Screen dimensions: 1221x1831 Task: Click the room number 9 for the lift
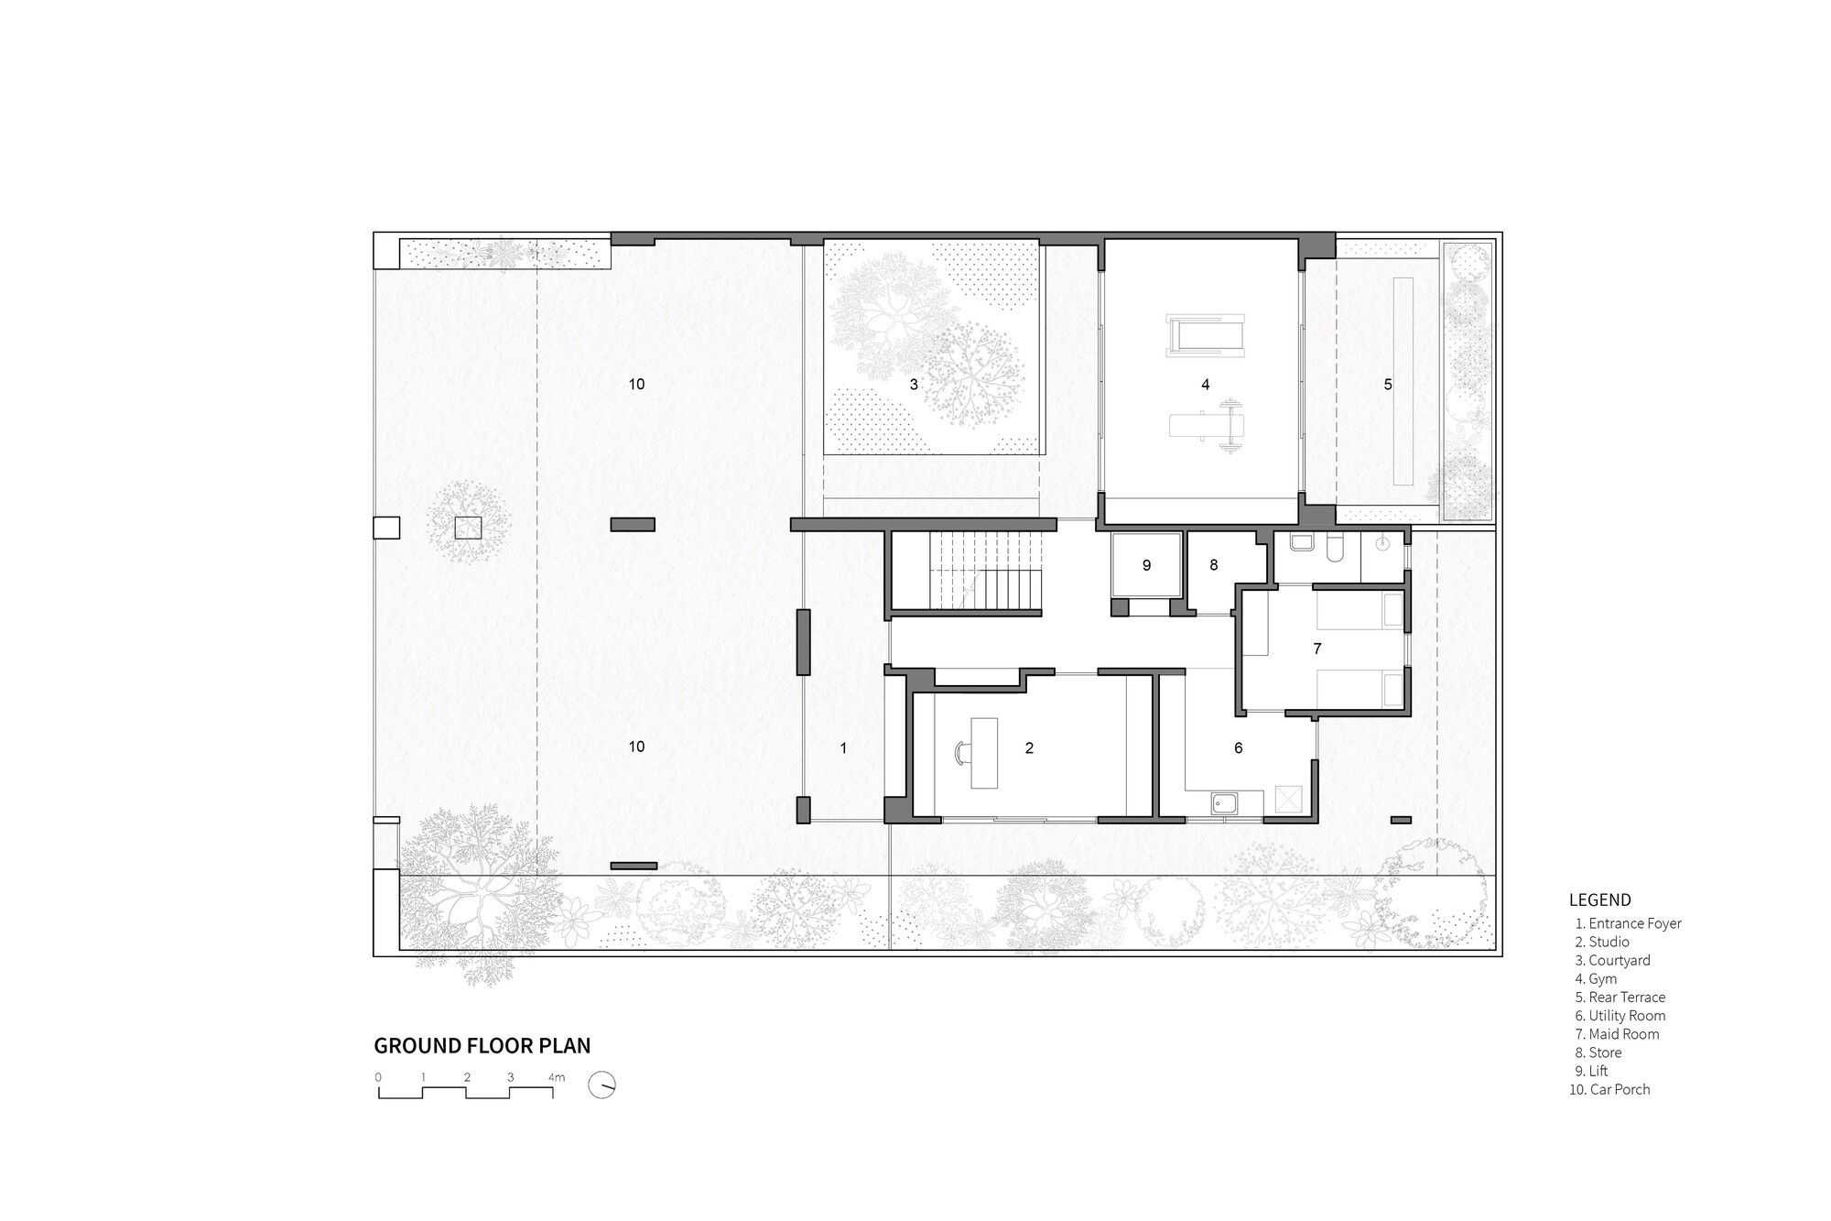[x=1146, y=566]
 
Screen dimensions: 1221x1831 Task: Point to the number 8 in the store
[x=1214, y=565]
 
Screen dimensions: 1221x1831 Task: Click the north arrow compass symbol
[x=602, y=1085]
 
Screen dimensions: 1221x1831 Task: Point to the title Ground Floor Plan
[x=482, y=1045]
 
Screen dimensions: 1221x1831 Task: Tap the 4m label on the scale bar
[x=556, y=1077]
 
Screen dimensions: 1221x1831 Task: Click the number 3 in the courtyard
[x=914, y=385]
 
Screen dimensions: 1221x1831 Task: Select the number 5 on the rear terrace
[x=1388, y=385]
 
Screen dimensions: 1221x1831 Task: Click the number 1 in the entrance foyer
[x=843, y=748]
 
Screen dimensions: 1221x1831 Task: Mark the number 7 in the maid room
[x=1317, y=649]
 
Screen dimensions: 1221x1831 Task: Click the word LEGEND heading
[x=1599, y=900]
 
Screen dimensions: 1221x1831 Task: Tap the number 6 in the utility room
[x=1239, y=748]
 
